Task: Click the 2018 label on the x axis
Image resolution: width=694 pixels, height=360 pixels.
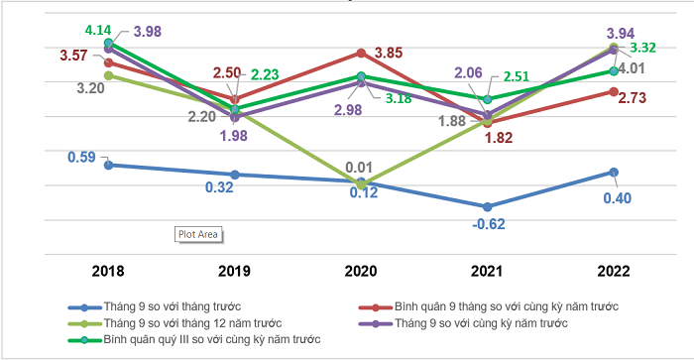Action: (107, 269)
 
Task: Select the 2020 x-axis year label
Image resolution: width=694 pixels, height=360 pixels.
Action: (361, 269)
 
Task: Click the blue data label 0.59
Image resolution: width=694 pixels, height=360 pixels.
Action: (82, 157)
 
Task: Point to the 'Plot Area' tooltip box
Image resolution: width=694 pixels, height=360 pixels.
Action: (198, 234)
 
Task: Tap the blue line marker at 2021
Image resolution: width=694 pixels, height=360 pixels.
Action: (487, 206)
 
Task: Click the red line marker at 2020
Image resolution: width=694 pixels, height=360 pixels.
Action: (361, 53)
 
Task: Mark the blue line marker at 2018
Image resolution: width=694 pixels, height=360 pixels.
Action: (108, 165)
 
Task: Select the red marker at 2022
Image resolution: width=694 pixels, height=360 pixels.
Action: (614, 91)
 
